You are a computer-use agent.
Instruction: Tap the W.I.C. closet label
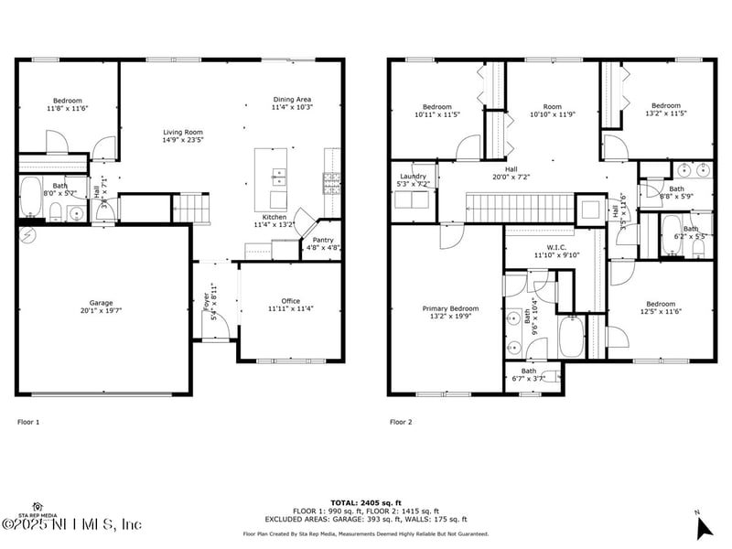point(553,251)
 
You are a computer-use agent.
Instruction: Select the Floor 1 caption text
point(29,422)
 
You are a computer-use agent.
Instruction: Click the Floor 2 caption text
point(401,422)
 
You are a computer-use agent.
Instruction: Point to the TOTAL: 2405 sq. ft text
point(365,503)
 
